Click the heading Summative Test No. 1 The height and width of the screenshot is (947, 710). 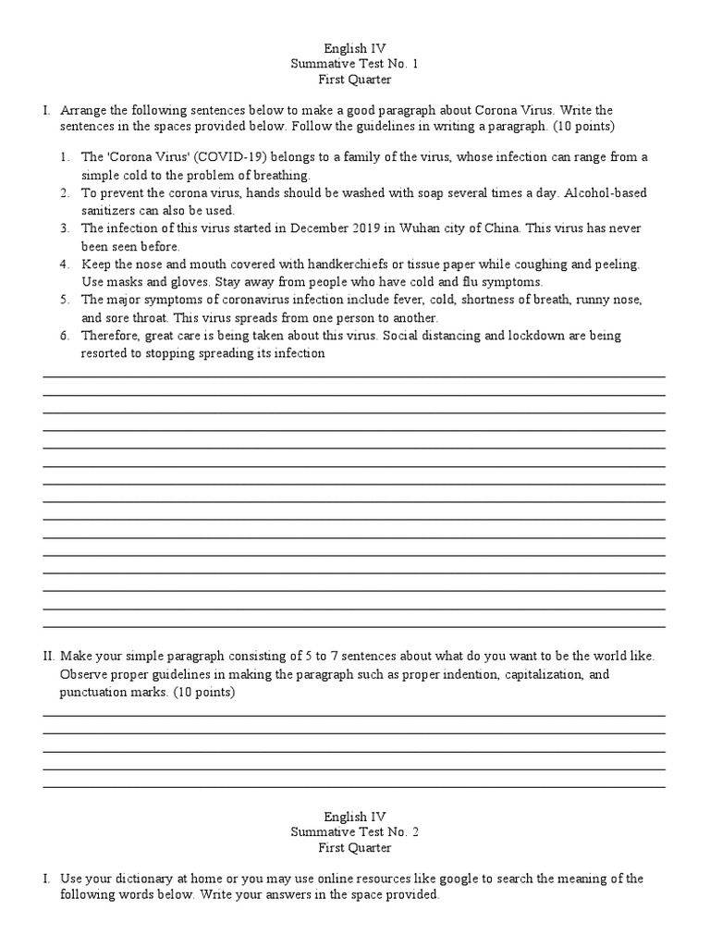pyautogui.click(x=355, y=62)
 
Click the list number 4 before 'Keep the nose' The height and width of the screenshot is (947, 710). pyautogui.click(x=65, y=264)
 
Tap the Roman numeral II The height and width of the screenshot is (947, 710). pyautogui.click(x=48, y=657)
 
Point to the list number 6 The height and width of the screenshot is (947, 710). pyautogui.click(x=65, y=336)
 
